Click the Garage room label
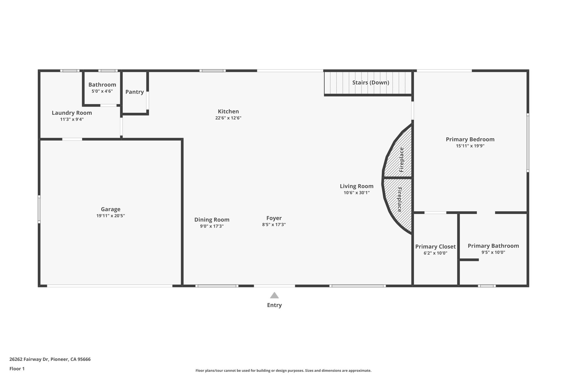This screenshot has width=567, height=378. [110, 209]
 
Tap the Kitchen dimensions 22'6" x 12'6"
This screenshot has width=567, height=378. [228, 118]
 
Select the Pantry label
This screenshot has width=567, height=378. [135, 92]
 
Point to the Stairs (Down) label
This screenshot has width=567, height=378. [370, 83]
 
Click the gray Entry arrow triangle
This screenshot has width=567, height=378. [274, 295]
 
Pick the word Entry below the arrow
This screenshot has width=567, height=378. [274, 305]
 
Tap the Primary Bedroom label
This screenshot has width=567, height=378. [470, 139]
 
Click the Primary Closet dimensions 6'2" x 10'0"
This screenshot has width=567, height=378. [435, 253]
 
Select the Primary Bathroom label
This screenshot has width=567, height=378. [493, 246]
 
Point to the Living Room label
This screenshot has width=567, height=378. [357, 186]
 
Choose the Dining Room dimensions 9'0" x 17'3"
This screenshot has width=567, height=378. [212, 226]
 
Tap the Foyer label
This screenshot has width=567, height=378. [274, 218]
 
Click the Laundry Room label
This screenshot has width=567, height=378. [72, 113]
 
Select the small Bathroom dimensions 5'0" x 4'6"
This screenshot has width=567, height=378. [102, 91]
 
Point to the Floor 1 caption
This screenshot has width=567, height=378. [17, 369]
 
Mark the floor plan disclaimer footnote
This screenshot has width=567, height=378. [283, 371]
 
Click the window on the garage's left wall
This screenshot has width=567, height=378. [39, 209]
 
